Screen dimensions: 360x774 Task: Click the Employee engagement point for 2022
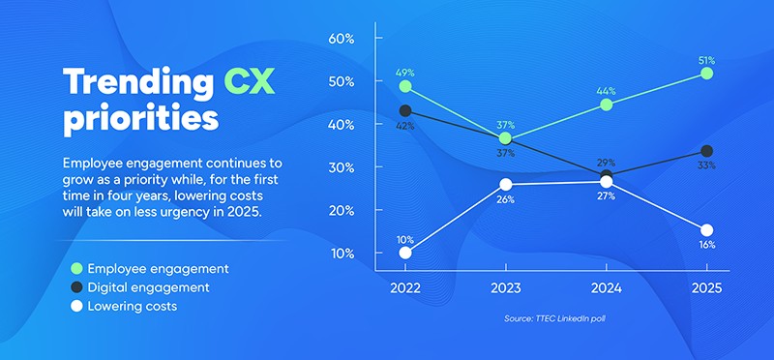pos(405,86)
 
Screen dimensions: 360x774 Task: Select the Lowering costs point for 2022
pos(405,254)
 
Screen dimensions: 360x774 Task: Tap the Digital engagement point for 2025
pos(707,151)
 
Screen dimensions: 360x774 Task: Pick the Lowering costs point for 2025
pos(707,229)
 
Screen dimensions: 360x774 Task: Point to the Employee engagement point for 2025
pos(707,73)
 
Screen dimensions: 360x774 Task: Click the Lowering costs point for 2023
pos(506,184)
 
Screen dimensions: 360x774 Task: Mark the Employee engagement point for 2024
pos(607,105)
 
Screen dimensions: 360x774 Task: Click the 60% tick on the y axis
pos(343,39)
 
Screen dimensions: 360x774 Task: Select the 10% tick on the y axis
pos(343,254)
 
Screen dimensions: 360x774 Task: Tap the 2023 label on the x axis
pos(506,289)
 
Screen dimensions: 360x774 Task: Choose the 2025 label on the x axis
pos(707,289)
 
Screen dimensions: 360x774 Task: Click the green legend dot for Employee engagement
pos(76,268)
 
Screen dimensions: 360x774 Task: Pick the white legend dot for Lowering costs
pos(76,307)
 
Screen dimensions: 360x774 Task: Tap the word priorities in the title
pos(140,120)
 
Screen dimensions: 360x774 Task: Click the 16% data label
pos(706,246)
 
